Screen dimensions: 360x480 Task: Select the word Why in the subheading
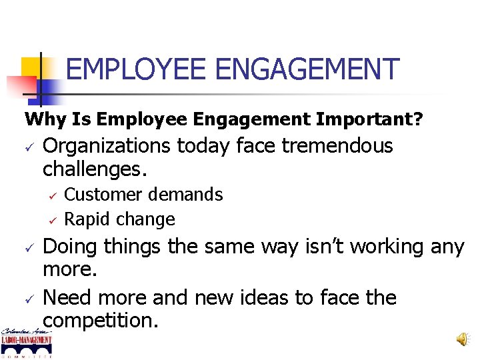tap(43, 120)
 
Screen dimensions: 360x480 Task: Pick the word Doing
tap(69, 247)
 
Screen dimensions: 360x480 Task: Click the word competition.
tap(101, 321)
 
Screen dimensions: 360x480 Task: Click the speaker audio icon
tap(461, 339)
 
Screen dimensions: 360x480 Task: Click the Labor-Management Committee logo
tap(27, 341)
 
